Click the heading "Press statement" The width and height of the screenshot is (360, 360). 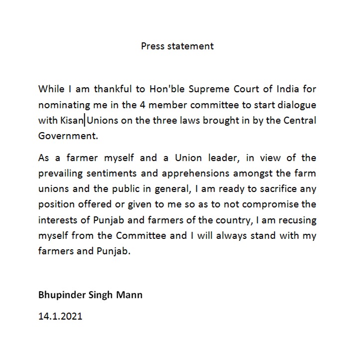[178, 46]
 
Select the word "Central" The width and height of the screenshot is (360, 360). [299, 121]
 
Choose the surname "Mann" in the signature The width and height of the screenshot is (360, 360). [130, 295]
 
